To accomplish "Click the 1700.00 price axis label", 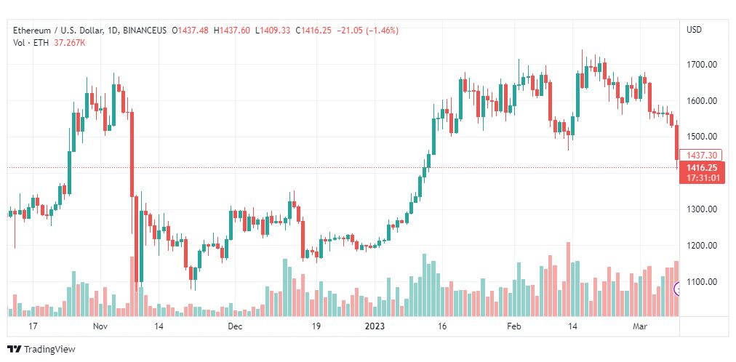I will (702, 65).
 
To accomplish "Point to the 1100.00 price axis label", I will (702, 282).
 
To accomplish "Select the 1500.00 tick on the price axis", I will (702, 137).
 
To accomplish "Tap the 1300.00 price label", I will (702, 209).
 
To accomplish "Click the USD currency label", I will (694, 30).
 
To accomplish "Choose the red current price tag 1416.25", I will (701, 168).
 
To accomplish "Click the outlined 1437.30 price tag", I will (701, 155).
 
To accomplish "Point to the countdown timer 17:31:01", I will (701, 178).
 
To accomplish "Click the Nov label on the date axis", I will (100, 327).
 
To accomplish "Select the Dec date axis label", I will (234, 327).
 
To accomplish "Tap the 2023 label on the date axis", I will (375, 327).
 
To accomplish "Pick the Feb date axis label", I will (514, 327).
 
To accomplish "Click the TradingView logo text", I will (49, 350).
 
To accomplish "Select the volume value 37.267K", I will (69, 43).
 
